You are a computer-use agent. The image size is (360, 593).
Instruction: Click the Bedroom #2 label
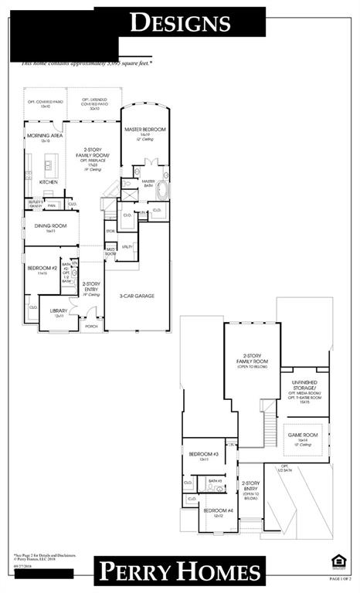(x=38, y=268)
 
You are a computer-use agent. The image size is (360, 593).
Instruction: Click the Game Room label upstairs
(x=303, y=435)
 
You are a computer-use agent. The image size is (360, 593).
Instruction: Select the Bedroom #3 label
(x=204, y=454)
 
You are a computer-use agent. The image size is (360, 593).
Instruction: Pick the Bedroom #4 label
(x=214, y=511)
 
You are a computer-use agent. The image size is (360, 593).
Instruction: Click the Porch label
(x=91, y=326)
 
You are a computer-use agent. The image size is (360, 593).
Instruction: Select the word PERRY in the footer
(x=138, y=572)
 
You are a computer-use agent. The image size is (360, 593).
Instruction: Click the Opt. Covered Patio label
(x=39, y=104)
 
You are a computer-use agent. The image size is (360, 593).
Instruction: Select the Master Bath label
(x=149, y=184)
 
